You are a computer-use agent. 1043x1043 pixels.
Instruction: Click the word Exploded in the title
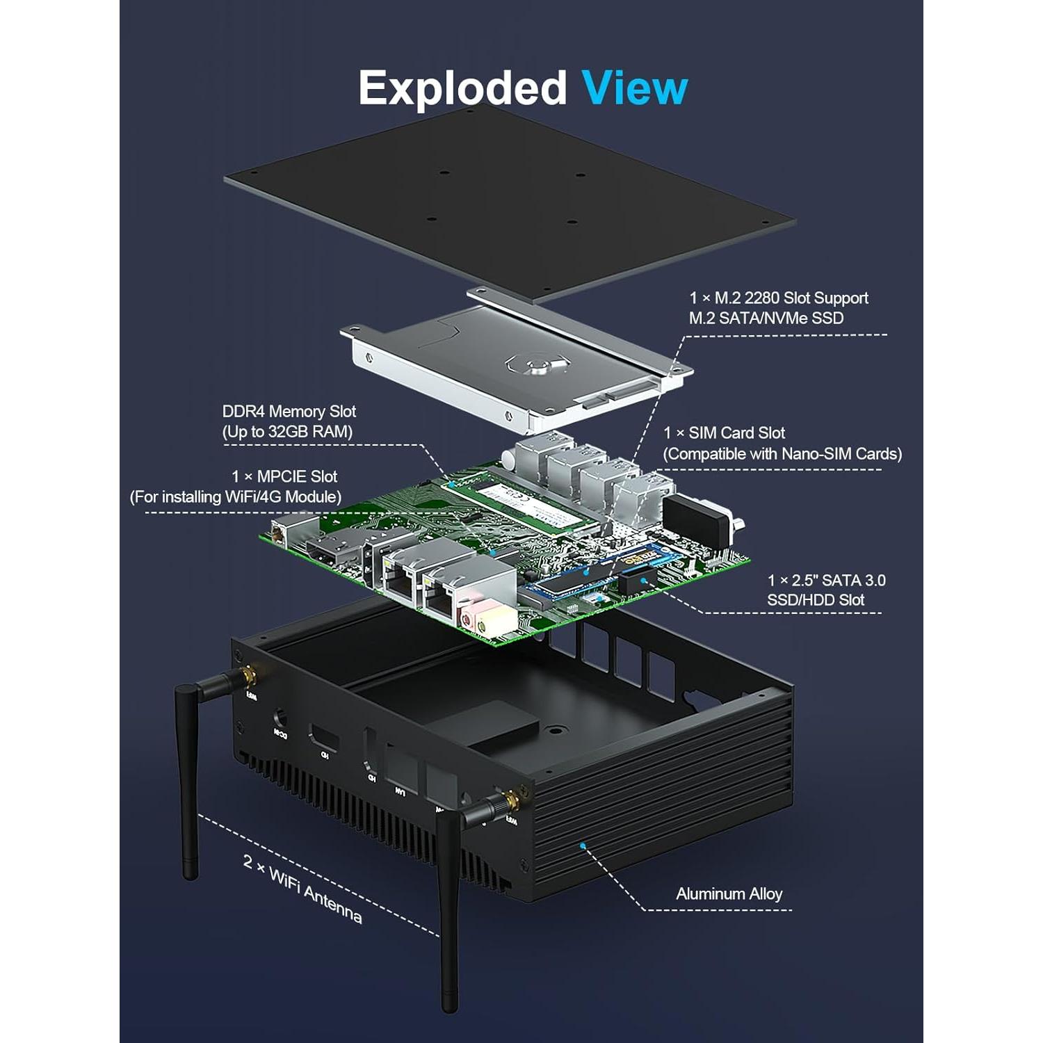click(462, 88)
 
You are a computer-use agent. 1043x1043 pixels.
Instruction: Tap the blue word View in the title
click(634, 88)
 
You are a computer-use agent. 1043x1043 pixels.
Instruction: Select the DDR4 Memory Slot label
click(289, 421)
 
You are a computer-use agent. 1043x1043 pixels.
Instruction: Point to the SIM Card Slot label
click(782, 444)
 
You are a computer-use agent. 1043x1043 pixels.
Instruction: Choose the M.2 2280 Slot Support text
click(778, 307)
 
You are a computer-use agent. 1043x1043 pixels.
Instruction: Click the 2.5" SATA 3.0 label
click(825, 590)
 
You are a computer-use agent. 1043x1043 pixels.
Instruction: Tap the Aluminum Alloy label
click(729, 894)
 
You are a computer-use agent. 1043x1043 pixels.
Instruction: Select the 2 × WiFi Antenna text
click(302, 888)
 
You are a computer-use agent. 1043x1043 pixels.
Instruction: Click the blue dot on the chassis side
click(582, 845)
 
